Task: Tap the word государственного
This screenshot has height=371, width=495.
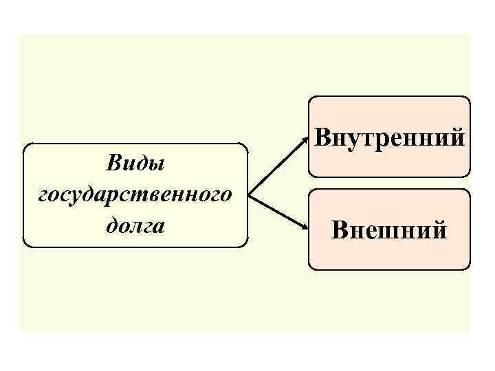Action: point(135,195)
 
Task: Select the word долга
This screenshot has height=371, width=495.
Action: point(135,225)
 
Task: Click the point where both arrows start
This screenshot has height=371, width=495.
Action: point(249,195)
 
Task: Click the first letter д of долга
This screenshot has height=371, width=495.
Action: point(113,225)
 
